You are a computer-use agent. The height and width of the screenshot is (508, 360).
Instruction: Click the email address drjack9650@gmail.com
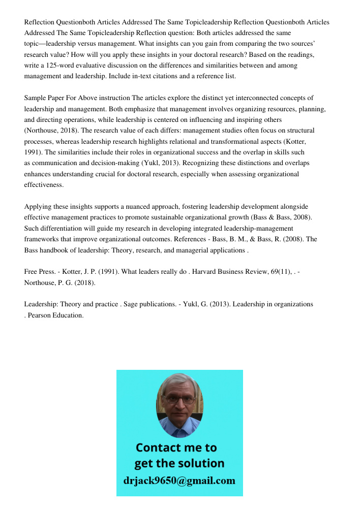pyautogui.click(x=179, y=481)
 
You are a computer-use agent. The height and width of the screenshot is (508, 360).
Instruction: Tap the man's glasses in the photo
pyautogui.click(x=179, y=400)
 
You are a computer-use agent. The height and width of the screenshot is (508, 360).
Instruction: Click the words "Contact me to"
pyautogui.click(x=176, y=448)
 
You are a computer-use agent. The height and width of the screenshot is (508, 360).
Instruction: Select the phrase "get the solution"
pyautogui.click(x=179, y=463)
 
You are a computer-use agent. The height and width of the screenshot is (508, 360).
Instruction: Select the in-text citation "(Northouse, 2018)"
pyautogui.click(x=49, y=131)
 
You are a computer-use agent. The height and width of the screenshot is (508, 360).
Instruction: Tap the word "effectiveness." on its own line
pyautogui.click(x=44, y=185)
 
